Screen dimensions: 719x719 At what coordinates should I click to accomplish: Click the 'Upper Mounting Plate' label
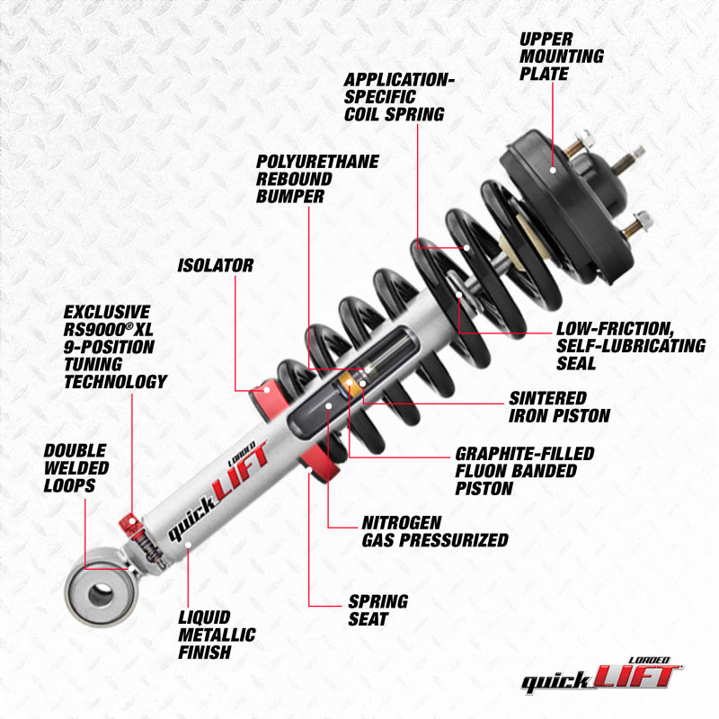tap(561, 56)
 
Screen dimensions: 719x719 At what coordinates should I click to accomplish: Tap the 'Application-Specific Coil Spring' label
tap(399, 96)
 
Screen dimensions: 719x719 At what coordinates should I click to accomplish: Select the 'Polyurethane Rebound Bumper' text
tap(317, 178)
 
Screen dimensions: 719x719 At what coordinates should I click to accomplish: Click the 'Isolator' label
tap(215, 265)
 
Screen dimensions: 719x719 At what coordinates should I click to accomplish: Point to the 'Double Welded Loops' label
tap(76, 467)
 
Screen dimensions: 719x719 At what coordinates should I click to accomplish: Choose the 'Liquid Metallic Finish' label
tap(215, 635)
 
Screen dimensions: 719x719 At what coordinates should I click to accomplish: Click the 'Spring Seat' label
tap(377, 610)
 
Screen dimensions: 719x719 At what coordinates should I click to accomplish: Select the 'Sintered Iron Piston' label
tap(559, 406)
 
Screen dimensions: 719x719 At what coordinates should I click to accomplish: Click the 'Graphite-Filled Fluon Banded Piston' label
tap(524, 471)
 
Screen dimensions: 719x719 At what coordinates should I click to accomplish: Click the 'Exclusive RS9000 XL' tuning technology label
tap(114, 346)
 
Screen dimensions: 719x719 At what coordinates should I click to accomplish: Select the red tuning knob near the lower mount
tap(129, 524)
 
